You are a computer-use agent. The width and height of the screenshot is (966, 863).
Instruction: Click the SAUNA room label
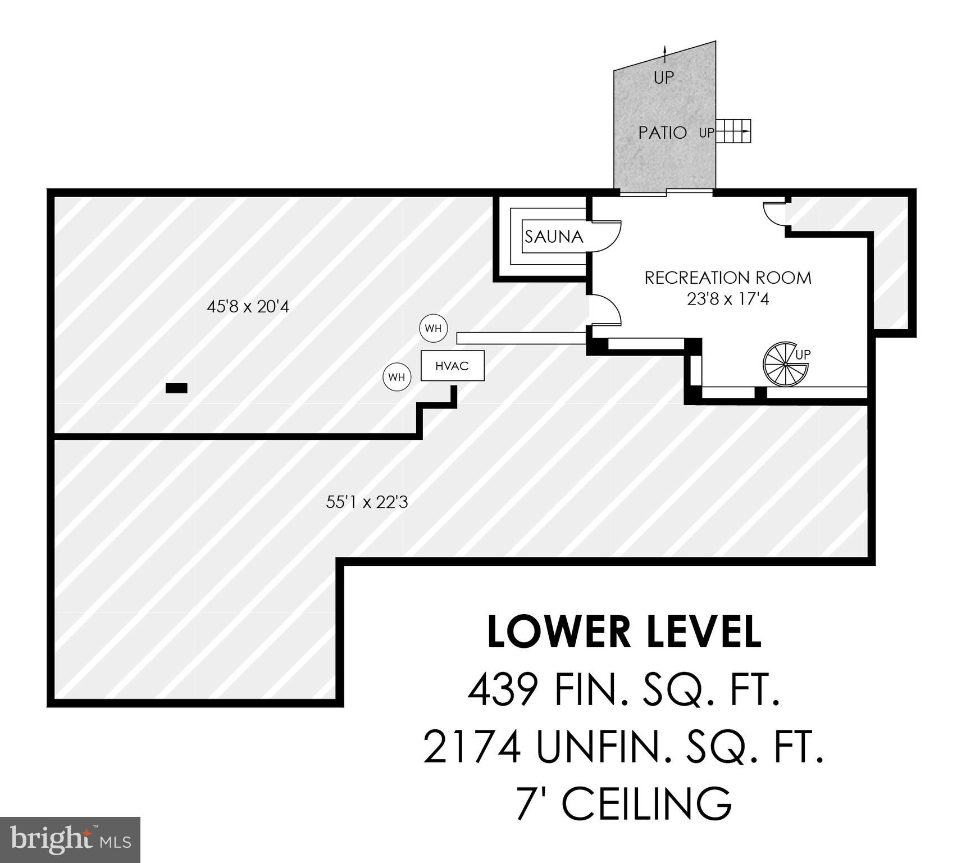[x=554, y=237]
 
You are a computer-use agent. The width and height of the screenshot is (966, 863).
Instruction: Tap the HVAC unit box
[x=452, y=366]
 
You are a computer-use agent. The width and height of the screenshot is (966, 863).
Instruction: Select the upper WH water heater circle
[x=433, y=329]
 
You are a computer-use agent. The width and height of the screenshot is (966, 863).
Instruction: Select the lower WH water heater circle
[x=397, y=377]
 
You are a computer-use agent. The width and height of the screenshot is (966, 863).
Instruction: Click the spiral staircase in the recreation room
[x=785, y=364]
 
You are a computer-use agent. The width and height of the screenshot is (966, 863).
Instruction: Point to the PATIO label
[x=663, y=133]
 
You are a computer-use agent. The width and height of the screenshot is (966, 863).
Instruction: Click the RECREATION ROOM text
[x=727, y=278]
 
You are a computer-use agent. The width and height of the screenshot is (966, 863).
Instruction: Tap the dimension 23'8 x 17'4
[x=727, y=299]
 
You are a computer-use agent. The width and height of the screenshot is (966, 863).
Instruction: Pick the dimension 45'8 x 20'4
[x=248, y=307]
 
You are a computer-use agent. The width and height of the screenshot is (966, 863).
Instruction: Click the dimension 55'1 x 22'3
[x=367, y=502]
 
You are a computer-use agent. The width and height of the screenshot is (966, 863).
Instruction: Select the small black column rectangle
[x=176, y=388]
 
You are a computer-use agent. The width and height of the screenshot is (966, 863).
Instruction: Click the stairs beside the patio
[x=733, y=131]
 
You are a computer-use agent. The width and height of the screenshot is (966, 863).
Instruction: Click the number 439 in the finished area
[x=503, y=690]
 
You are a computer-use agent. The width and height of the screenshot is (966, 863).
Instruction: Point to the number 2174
[x=471, y=747]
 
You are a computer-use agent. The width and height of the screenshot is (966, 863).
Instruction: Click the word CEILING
[x=646, y=804]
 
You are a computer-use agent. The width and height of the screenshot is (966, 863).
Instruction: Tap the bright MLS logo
[x=70, y=839]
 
